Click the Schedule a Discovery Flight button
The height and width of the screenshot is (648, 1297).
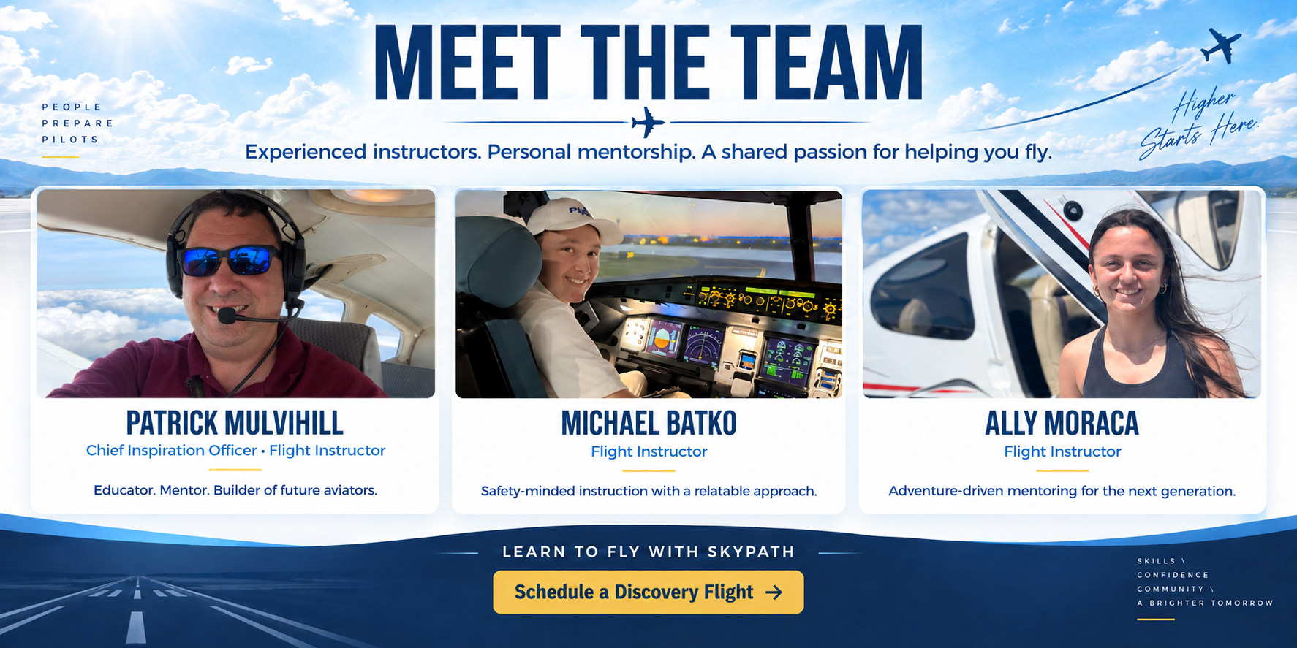pyautogui.click(x=648, y=592)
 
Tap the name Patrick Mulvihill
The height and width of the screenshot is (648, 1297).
pyautogui.click(x=235, y=423)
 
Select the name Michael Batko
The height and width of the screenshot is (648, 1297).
pyautogui.click(x=648, y=424)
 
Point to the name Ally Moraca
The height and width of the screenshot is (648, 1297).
pyautogui.click(x=1062, y=424)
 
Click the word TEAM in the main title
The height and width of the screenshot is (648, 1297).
pyautogui.click(x=826, y=63)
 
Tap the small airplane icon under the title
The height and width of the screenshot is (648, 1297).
pyautogui.click(x=648, y=122)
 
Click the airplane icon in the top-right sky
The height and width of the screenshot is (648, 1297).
pyautogui.click(x=1222, y=45)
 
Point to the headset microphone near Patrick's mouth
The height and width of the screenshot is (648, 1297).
pyautogui.click(x=227, y=316)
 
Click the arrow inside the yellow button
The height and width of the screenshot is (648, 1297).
pyautogui.click(x=774, y=592)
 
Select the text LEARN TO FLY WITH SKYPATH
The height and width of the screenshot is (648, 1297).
pyautogui.click(x=648, y=552)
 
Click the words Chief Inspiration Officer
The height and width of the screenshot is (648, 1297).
pyautogui.click(x=172, y=451)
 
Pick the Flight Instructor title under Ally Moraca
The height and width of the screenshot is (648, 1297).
pyautogui.click(x=1062, y=451)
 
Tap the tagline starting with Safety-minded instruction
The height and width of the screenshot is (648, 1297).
pyautogui.click(x=648, y=491)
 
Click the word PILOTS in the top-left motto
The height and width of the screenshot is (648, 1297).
pyautogui.click(x=70, y=140)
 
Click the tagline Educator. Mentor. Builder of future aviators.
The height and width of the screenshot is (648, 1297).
pyautogui.click(x=235, y=490)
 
